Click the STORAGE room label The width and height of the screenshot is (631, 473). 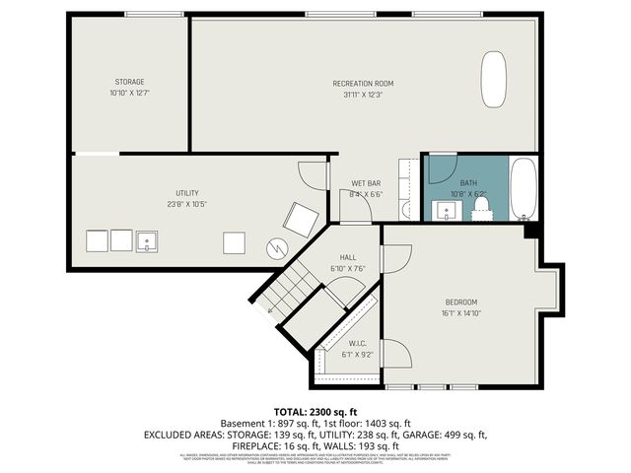pyautogui.click(x=129, y=81)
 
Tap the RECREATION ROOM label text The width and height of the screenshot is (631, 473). pyautogui.click(x=363, y=83)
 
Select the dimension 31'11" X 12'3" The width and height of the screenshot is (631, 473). pyautogui.click(x=363, y=95)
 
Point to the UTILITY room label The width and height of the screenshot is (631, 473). pyautogui.click(x=187, y=193)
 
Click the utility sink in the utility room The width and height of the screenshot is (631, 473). pyautogui.click(x=147, y=240)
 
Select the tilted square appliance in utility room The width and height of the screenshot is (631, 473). pyautogui.click(x=299, y=217)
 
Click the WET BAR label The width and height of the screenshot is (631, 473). pyautogui.click(x=366, y=183)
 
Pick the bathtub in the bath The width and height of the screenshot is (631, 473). pyautogui.click(x=523, y=189)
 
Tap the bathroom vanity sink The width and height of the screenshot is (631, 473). pyautogui.click(x=440, y=208)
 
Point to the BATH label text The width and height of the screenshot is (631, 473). pyautogui.click(x=467, y=182)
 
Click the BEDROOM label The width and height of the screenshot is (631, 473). pyautogui.click(x=460, y=302)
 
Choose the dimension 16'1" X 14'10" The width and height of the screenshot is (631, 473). pyautogui.click(x=460, y=313)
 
